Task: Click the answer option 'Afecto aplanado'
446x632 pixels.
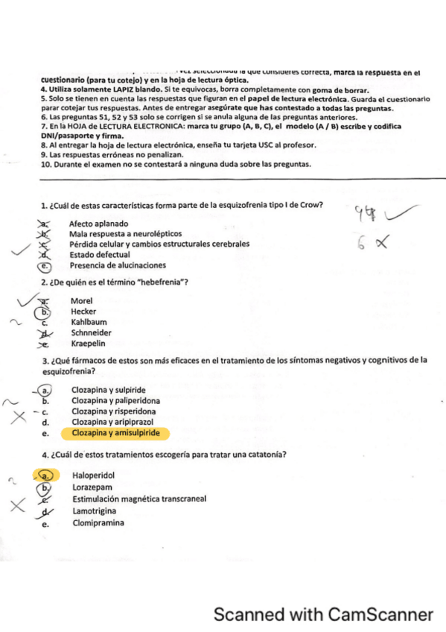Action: coord(98,224)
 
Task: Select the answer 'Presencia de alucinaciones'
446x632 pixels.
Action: coord(118,265)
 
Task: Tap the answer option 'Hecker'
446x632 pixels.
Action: coord(83,312)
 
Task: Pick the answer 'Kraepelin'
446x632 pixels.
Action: coord(88,344)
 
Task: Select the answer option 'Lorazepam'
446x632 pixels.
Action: coord(90,488)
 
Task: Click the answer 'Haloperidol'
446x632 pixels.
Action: coord(94,475)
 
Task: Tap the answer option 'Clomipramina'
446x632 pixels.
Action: coord(98,523)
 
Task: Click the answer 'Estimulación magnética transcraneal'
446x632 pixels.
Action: coord(139,499)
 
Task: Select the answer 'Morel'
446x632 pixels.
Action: coord(81,301)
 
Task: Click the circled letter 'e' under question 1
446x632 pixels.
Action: coord(45,265)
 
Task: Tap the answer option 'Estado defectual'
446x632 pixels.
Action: coord(99,255)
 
